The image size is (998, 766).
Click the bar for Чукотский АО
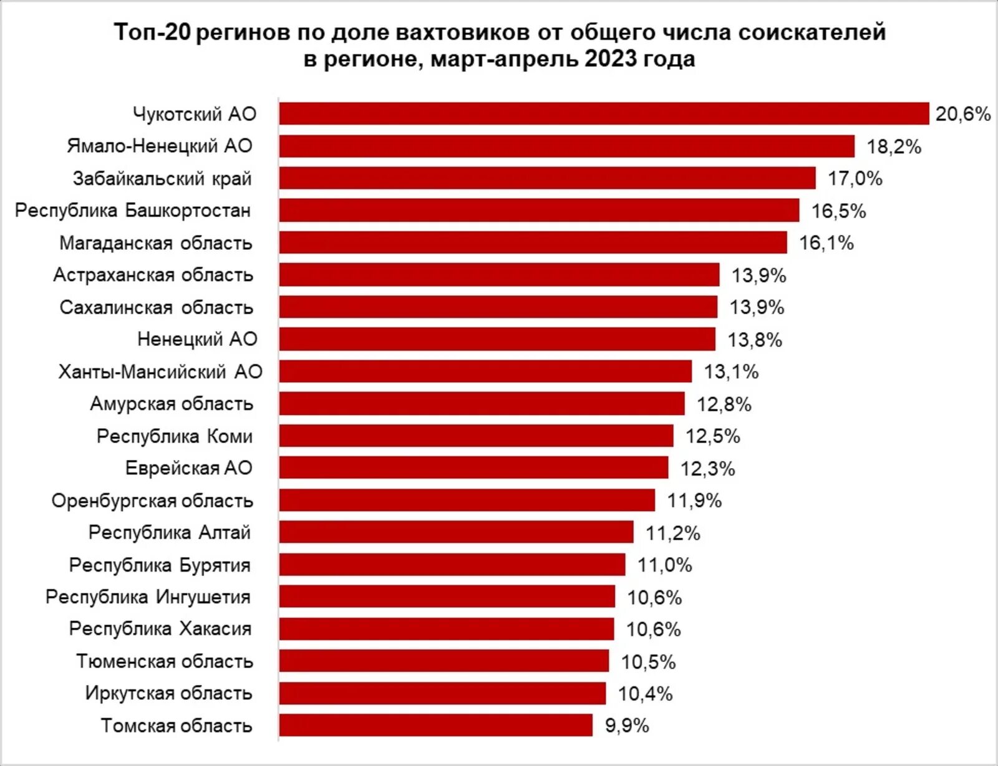604,114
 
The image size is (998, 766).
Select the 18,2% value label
894,147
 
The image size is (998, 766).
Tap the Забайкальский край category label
162,179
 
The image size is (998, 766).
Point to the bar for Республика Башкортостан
539,211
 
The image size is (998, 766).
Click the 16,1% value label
826,243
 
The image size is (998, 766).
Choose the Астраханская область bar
499,275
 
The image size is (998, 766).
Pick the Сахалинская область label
157,307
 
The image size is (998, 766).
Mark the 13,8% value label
755,340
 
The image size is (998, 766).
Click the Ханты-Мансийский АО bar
485,371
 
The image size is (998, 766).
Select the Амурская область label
172,404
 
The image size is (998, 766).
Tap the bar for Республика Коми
476,436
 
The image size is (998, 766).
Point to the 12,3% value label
707,469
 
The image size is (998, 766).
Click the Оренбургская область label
152,500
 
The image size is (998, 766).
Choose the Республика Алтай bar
456,532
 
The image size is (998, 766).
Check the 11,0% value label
664,565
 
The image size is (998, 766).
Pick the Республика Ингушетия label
148,597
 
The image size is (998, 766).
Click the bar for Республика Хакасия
446,629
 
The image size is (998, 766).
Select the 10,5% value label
648,662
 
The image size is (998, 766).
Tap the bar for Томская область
435,725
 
